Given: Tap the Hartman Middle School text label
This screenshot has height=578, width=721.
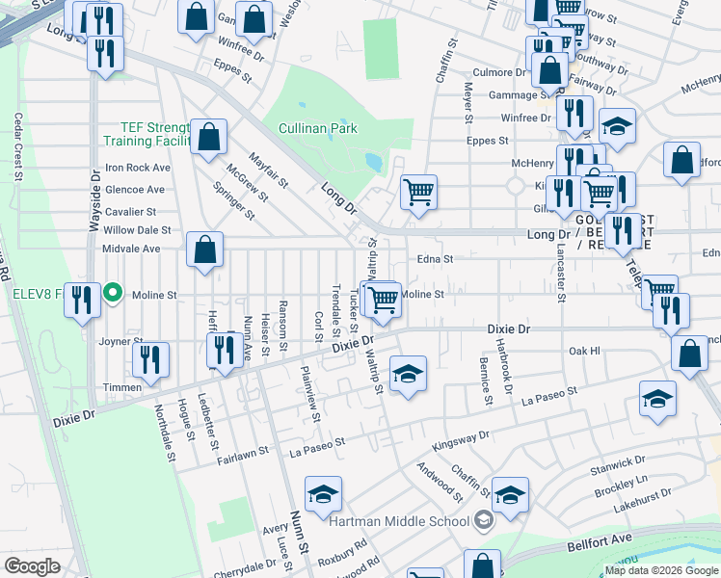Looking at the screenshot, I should click(397, 521).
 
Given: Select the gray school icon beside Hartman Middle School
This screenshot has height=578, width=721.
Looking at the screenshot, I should click(483, 521).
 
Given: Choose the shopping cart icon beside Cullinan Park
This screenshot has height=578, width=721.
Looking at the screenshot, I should click(418, 193).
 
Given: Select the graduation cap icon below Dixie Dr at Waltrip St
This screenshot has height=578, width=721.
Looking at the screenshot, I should click(408, 373).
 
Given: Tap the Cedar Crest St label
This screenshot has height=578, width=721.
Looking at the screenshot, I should click(18, 145).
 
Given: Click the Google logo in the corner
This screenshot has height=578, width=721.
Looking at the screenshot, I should click(32, 566).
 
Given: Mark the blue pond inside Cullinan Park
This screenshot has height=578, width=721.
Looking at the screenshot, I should click(372, 161).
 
